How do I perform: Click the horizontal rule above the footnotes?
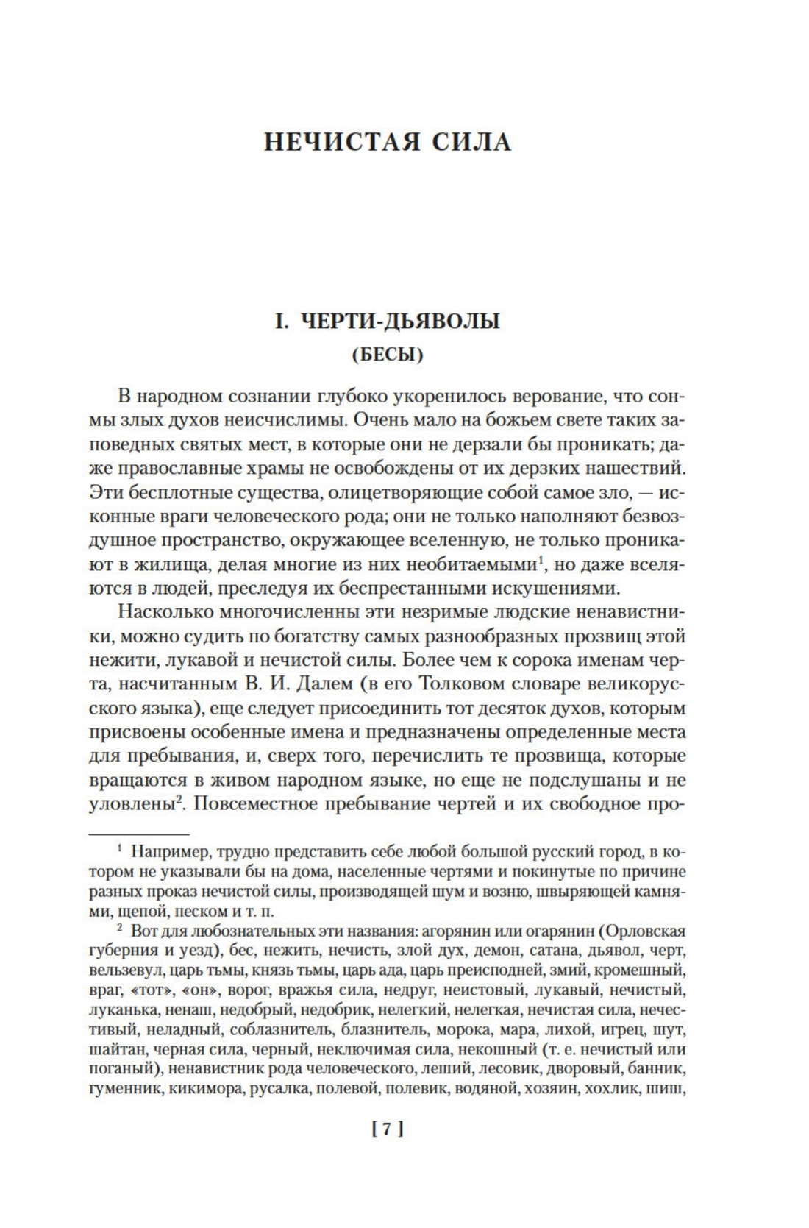139,834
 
